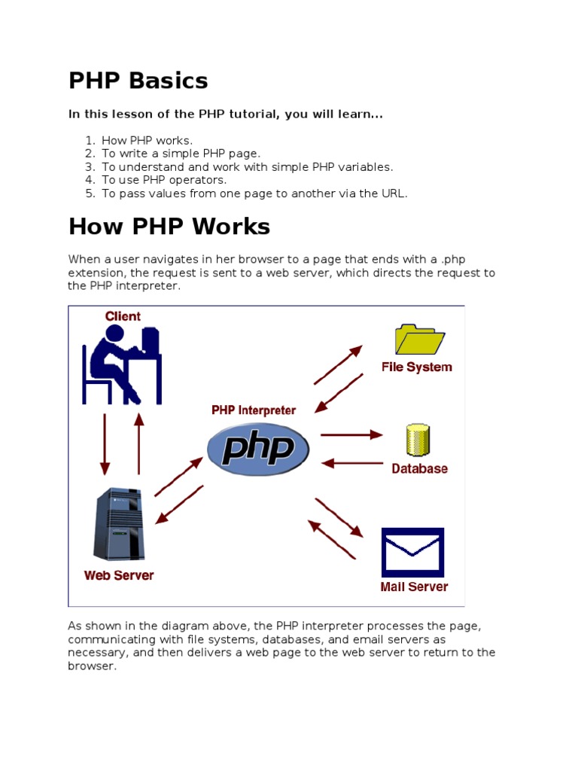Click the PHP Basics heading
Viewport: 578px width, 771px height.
pyautogui.click(x=138, y=81)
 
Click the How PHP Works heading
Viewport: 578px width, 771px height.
pyautogui.click(x=169, y=227)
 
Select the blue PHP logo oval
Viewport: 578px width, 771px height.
pyautogui.click(x=257, y=449)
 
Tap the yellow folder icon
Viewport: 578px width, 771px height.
pyautogui.click(x=418, y=340)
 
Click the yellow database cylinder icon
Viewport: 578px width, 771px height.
pyautogui.click(x=418, y=440)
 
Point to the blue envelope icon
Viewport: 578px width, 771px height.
pyautogui.click(x=412, y=552)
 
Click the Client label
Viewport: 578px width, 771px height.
pyautogui.click(x=123, y=316)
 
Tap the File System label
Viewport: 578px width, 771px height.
pyautogui.click(x=417, y=367)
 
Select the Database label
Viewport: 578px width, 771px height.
pyautogui.click(x=419, y=468)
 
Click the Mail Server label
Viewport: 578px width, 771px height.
pyautogui.click(x=414, y=587)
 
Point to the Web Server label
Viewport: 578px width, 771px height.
pyautogui.click(x=119, y=575)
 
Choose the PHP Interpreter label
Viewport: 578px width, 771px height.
pyautogui.click(x=254, y=410)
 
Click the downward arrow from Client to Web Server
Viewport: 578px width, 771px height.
pyautogui.click(x=105, y=443)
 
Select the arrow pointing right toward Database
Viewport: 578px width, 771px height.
pyautogui.click(x=351, y=434)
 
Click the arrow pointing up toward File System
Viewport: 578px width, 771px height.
pyautogui.click(x=338, y=365)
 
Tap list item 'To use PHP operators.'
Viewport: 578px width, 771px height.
pyautogui.click(x=164, y=180)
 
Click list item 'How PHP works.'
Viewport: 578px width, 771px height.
pyautogui.click(x=148, y=140)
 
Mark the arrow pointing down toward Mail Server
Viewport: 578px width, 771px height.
pyautogui.click(x=339, y=518)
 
